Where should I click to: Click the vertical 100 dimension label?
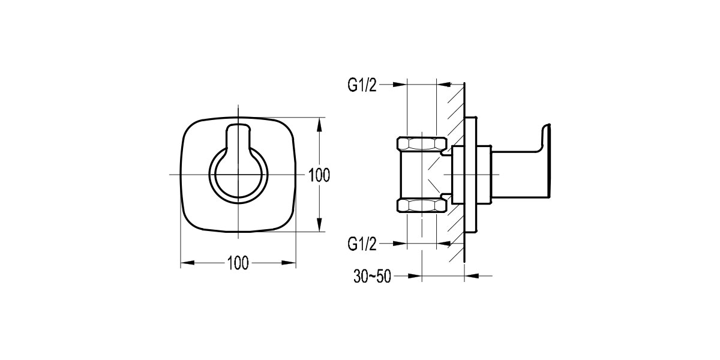319,175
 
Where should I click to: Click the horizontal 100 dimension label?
238,263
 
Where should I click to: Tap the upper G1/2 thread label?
363,85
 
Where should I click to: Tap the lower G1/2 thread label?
363,243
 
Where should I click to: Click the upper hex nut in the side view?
422,143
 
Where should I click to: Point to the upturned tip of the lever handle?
545,128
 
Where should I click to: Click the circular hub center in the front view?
238,175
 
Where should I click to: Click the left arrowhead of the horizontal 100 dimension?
187,263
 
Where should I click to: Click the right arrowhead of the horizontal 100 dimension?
290,263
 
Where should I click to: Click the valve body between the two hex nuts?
420,175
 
